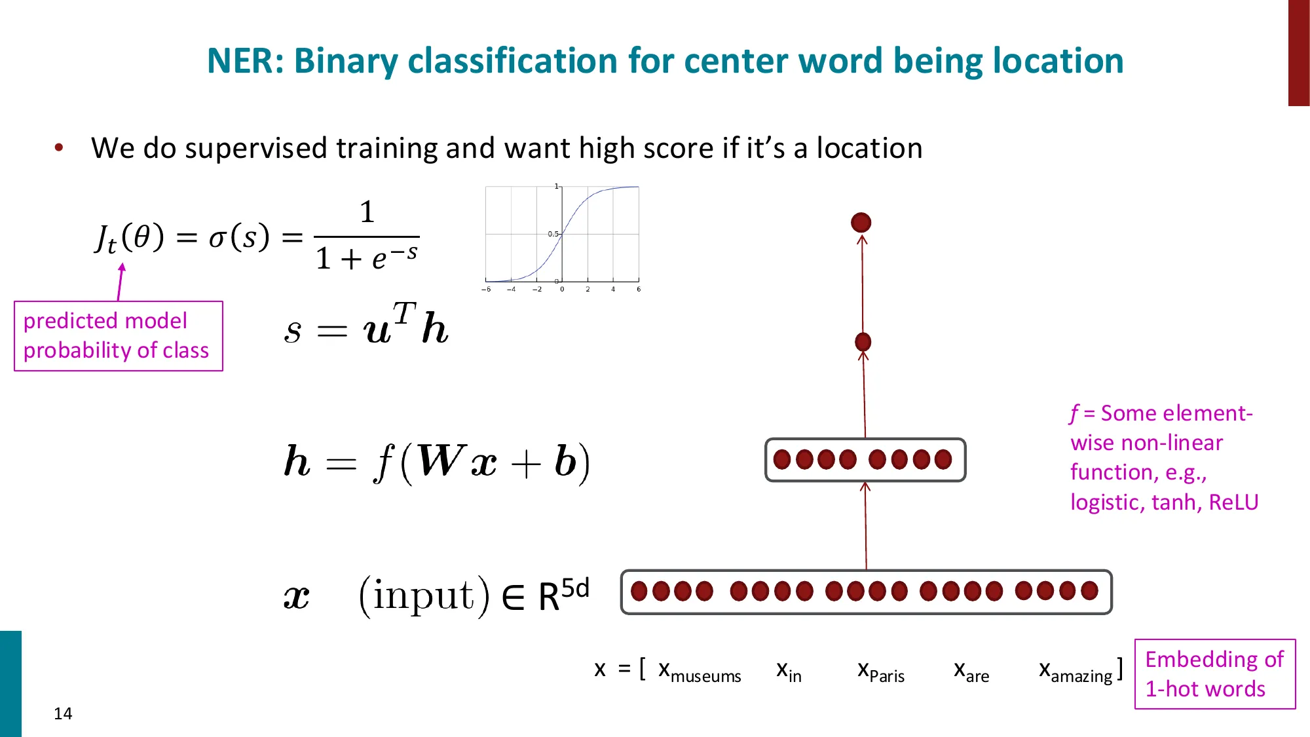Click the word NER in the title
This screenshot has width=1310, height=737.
[244, 61]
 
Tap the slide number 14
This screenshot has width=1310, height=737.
[63, 713]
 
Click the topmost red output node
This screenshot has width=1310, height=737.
[861, 223]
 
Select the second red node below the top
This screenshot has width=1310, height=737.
[863, 342]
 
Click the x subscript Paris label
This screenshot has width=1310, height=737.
[880, 671]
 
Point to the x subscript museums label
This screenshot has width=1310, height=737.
[699, 671]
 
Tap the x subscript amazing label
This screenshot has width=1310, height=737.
[1076, 671]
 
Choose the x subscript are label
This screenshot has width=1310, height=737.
[971, 671]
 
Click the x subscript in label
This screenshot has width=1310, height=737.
[789, 671]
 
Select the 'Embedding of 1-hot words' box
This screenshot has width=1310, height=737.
[1214, 673]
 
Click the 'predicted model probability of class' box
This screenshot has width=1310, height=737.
[119, 336]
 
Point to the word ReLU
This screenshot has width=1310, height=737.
[1233, 502]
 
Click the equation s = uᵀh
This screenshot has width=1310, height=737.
[366, 326]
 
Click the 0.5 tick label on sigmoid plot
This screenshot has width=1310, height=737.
[553, 234]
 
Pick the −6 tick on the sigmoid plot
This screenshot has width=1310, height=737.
[486, 289]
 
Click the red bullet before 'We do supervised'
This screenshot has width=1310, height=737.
[59, 148]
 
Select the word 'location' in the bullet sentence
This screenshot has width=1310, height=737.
[869, 148]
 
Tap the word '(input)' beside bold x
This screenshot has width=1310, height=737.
[424, 595]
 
